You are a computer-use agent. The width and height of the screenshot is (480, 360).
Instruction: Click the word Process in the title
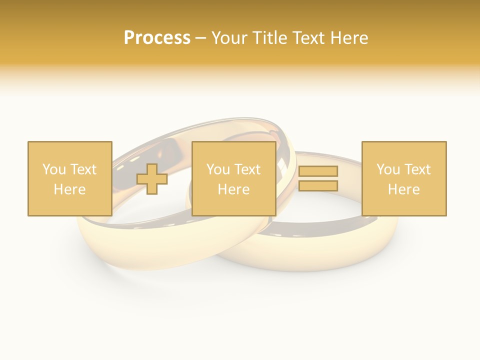157,38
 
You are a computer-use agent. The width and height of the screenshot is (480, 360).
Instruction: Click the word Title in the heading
270,38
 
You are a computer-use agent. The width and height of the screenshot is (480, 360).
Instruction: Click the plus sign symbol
152,178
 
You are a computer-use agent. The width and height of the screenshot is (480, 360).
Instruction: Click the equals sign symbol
318,178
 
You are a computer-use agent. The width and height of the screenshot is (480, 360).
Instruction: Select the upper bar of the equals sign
318,171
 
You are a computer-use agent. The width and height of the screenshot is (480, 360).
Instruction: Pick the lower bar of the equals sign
318,186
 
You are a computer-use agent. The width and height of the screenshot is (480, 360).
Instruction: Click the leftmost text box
69,178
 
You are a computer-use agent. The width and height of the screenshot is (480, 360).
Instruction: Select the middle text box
233,178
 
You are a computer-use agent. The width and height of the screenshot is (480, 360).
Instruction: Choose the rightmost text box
403,178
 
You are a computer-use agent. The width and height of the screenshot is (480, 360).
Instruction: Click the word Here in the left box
69,189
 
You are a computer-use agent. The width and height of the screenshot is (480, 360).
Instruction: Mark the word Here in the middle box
233,189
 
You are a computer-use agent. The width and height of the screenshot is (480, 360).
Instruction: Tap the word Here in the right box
403,189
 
